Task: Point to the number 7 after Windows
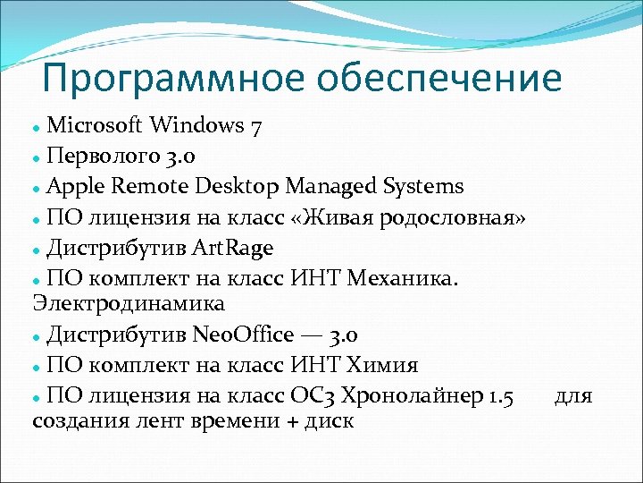coord(256,126)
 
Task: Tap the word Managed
coord(330,186)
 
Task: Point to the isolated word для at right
coord(572,396)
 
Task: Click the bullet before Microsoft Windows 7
coord(37,126)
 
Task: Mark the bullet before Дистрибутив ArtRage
coord(37,248)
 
